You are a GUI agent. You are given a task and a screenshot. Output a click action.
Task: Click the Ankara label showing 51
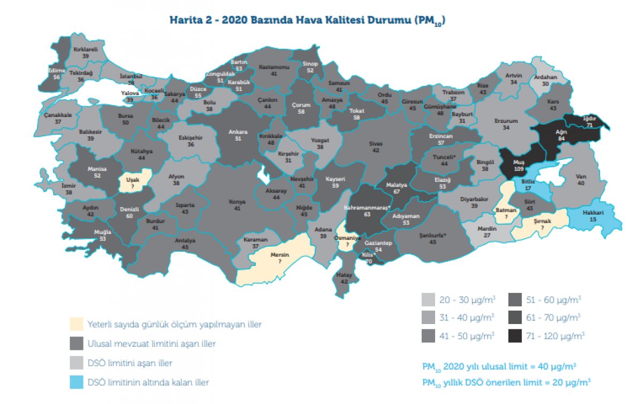238,135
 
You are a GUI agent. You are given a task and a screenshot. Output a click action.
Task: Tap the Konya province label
237,204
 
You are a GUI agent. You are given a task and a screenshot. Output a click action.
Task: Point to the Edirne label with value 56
56,74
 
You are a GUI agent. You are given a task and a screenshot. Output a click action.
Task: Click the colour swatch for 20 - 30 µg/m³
429,299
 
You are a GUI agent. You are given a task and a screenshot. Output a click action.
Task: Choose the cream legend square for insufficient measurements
77,324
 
